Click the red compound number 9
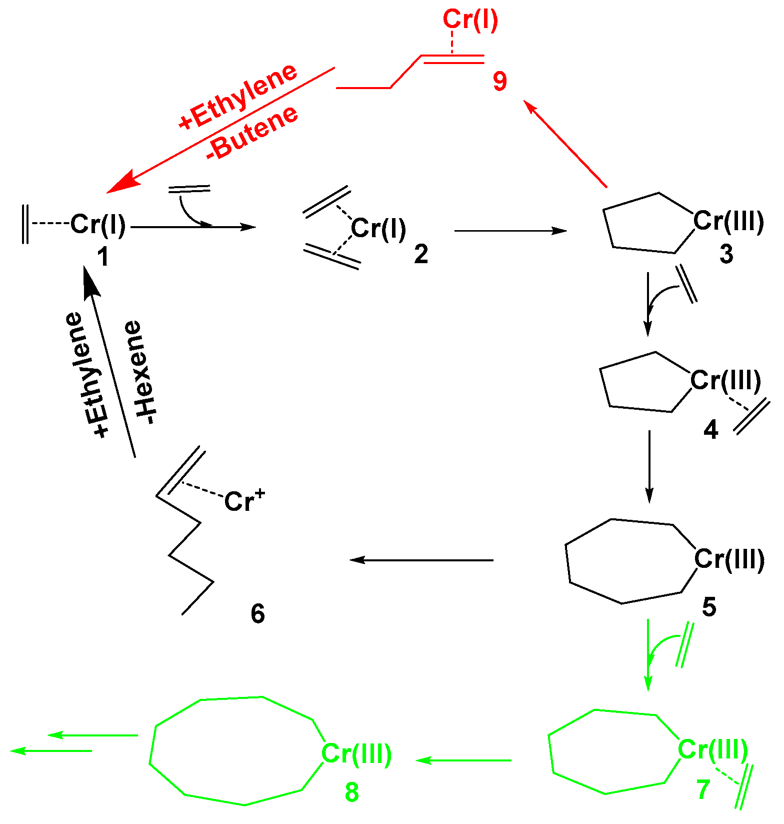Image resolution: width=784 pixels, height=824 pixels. tap(499, 81)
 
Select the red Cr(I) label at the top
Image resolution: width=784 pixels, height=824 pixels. tap(470, 20)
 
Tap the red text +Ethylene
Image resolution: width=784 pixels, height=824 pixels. tap(238, 97)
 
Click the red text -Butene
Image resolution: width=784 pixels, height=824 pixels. tap(252, 133)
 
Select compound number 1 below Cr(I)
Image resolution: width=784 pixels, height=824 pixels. tap(102, 257)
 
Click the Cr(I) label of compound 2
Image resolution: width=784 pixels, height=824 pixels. tap(378, 229)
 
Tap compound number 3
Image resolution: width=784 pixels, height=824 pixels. tap(726, 254)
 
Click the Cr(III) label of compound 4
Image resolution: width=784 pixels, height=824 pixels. tap(725, 381)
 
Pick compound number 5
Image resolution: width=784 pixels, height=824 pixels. tap(709, 607)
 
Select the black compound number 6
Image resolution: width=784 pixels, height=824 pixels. tap(257, 613)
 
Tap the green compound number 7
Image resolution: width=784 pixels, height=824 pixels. tap(703, 790)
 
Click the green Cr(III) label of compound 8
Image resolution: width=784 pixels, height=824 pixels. tap(356, 753)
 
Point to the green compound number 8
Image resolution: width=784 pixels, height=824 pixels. tap(352, 792)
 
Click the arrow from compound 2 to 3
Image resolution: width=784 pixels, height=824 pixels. tap(510, 231)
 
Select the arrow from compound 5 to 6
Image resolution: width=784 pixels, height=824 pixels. tap(421, 560)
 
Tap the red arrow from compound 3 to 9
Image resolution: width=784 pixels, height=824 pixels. tap(565, 144)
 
